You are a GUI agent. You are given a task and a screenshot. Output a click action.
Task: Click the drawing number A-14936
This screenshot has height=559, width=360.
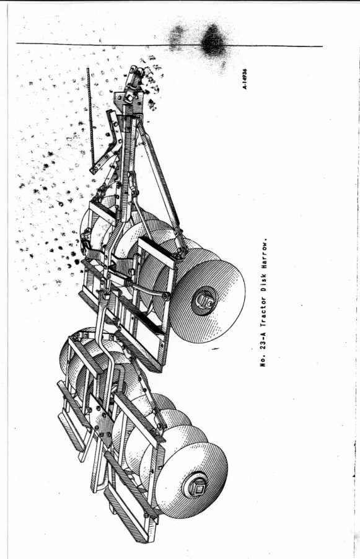tap(245, 79)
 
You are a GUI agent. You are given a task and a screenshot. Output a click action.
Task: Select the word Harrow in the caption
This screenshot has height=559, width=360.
tap(263, 252)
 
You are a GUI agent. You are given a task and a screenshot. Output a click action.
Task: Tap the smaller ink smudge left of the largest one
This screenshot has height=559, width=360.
tap(176, 37)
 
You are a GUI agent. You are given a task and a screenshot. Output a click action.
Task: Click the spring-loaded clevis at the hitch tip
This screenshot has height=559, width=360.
tap(136, 77)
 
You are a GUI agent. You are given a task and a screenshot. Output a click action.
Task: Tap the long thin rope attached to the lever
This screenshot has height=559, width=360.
tap(90, 117)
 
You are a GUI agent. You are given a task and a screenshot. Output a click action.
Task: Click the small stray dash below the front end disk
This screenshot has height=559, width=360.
tap(215, 349)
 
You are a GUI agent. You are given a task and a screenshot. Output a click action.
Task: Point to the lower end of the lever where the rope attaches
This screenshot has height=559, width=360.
tap(94, 169)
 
